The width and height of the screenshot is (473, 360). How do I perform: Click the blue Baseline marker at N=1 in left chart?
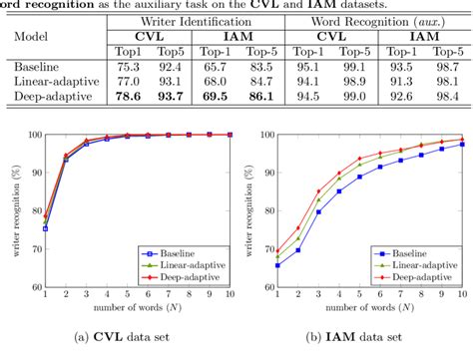pos(44,228)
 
